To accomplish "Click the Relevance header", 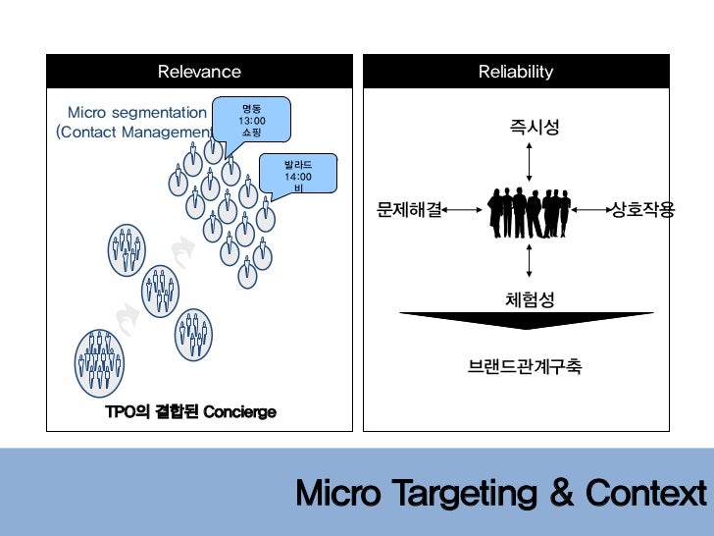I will (x=199, y=72).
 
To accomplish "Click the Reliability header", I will (x=516, y=72).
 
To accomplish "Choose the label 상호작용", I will (x=642, y=209).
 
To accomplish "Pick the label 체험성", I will (x=530, y=298).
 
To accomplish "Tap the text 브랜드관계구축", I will (x=525, y=368).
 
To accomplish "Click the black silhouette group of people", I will (x=529, y=210).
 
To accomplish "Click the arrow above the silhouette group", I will (x=530, y=160).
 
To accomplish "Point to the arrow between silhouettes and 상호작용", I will (x=590, y=209).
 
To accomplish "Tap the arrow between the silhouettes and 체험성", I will (x=530, y=260).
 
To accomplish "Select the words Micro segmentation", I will (x=137, y=113).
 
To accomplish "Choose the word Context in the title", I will (x=645, y=493).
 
